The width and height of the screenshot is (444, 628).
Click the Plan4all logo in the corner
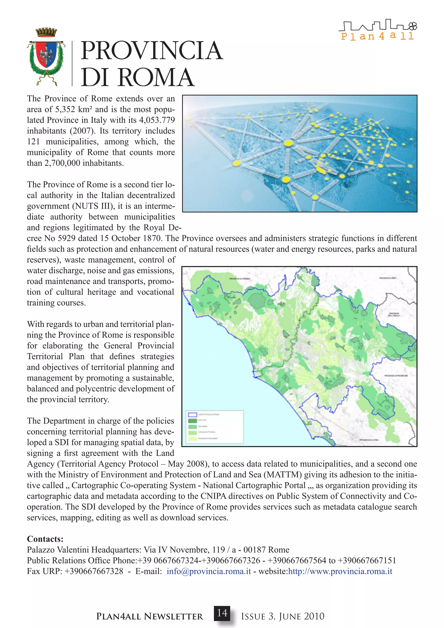(378, 30)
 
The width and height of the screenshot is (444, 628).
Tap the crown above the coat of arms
(46, 32)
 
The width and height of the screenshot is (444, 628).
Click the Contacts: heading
(45, 539)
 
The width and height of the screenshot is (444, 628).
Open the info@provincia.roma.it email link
(209, 571)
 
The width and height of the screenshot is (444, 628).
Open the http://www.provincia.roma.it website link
(340, 571)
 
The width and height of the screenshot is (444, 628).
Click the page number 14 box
(222, 613)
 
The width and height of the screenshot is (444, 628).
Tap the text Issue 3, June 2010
(282, 616)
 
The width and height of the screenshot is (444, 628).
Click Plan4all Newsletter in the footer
(150, 616)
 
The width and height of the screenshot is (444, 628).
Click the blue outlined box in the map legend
(193, 415)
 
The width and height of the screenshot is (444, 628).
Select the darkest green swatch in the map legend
(193, 421)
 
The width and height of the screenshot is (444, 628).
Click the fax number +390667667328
(94, 571)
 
